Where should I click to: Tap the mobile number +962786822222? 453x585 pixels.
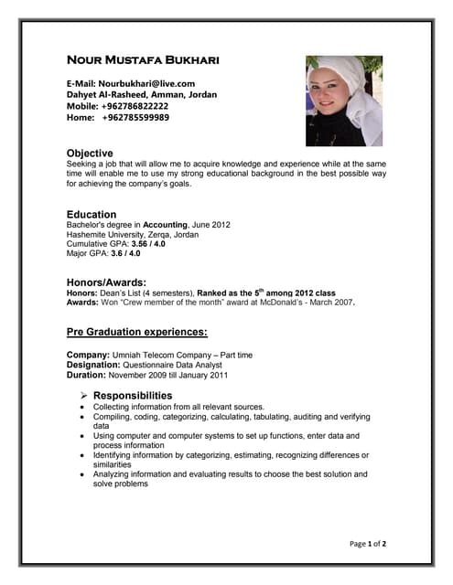pyautogui.click(x=135, y=106)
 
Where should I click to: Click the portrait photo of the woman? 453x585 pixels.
pyautogui.click(x=343, y=101)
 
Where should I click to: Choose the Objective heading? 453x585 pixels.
pyautogui.click(x=90, y=153)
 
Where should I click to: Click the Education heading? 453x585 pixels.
pyautogui.click(x=92, y=214)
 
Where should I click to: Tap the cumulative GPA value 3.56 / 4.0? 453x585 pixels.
pyautogui.click(x=148, y=244)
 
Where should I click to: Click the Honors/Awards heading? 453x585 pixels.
pyautogui.click(x=107, y=282)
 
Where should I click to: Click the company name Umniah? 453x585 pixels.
pyautogui.click(x=129, y=355)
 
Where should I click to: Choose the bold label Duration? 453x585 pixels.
pyautogui.click(x=87, y=375)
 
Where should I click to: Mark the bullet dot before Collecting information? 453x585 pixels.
pyautogui.click(x=83, y=407)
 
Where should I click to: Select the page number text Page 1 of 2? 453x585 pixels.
pyautogui.click(x=368, y=544)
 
